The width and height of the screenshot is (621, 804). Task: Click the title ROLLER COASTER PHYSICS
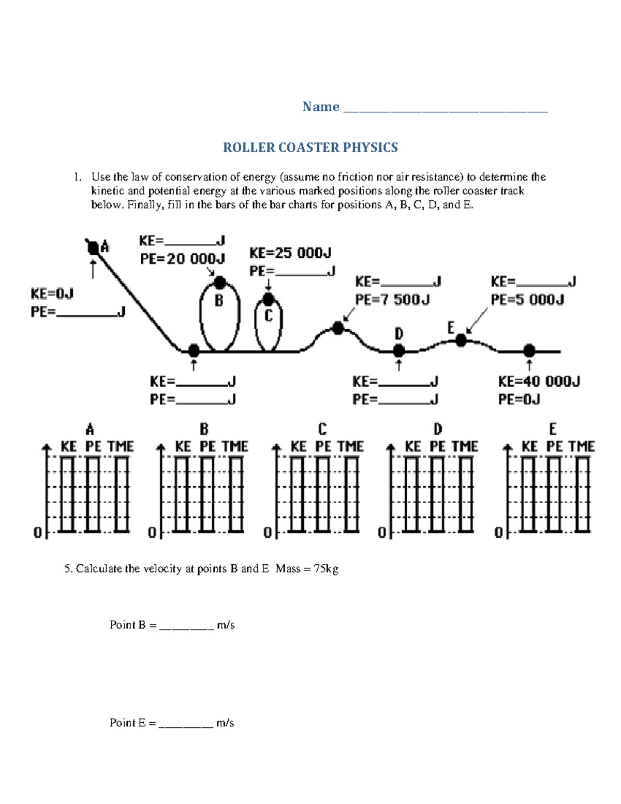click(x=310, y=148)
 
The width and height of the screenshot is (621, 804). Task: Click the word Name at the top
click(x=321, y=107)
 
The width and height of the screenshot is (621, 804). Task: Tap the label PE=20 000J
click(x=182, y=258)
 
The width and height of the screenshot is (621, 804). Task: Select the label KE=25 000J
click(x=290, y=253)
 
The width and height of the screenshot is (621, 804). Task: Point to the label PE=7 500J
click(x=392, y=300)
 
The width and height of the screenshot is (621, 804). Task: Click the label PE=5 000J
click(x=527, y=300)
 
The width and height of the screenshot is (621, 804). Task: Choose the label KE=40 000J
click(x=539, y=382)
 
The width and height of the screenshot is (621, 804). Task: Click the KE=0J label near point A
click(x=52, y=294)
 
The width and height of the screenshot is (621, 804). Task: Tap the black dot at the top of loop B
click(x=220, y=283)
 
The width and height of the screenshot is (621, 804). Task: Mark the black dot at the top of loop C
click(x=268, y=299)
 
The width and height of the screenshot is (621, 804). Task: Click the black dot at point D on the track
click(x=398, y=350)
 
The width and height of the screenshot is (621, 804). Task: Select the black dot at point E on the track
click(x=461, y=340)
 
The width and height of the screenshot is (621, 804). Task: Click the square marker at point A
click(x=93, y=248)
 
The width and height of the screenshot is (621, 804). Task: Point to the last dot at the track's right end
click(x=529, y=350)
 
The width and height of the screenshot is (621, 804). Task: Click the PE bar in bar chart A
click(x=93, y=494)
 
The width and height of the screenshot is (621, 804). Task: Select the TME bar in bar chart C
click(x=351, y=494)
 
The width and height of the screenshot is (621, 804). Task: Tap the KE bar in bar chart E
click(x=528, y=494)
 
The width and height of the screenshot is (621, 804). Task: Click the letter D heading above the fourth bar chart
click(x=438, y=429)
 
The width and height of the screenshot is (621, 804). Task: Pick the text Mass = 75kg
click(x=307, y=569)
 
